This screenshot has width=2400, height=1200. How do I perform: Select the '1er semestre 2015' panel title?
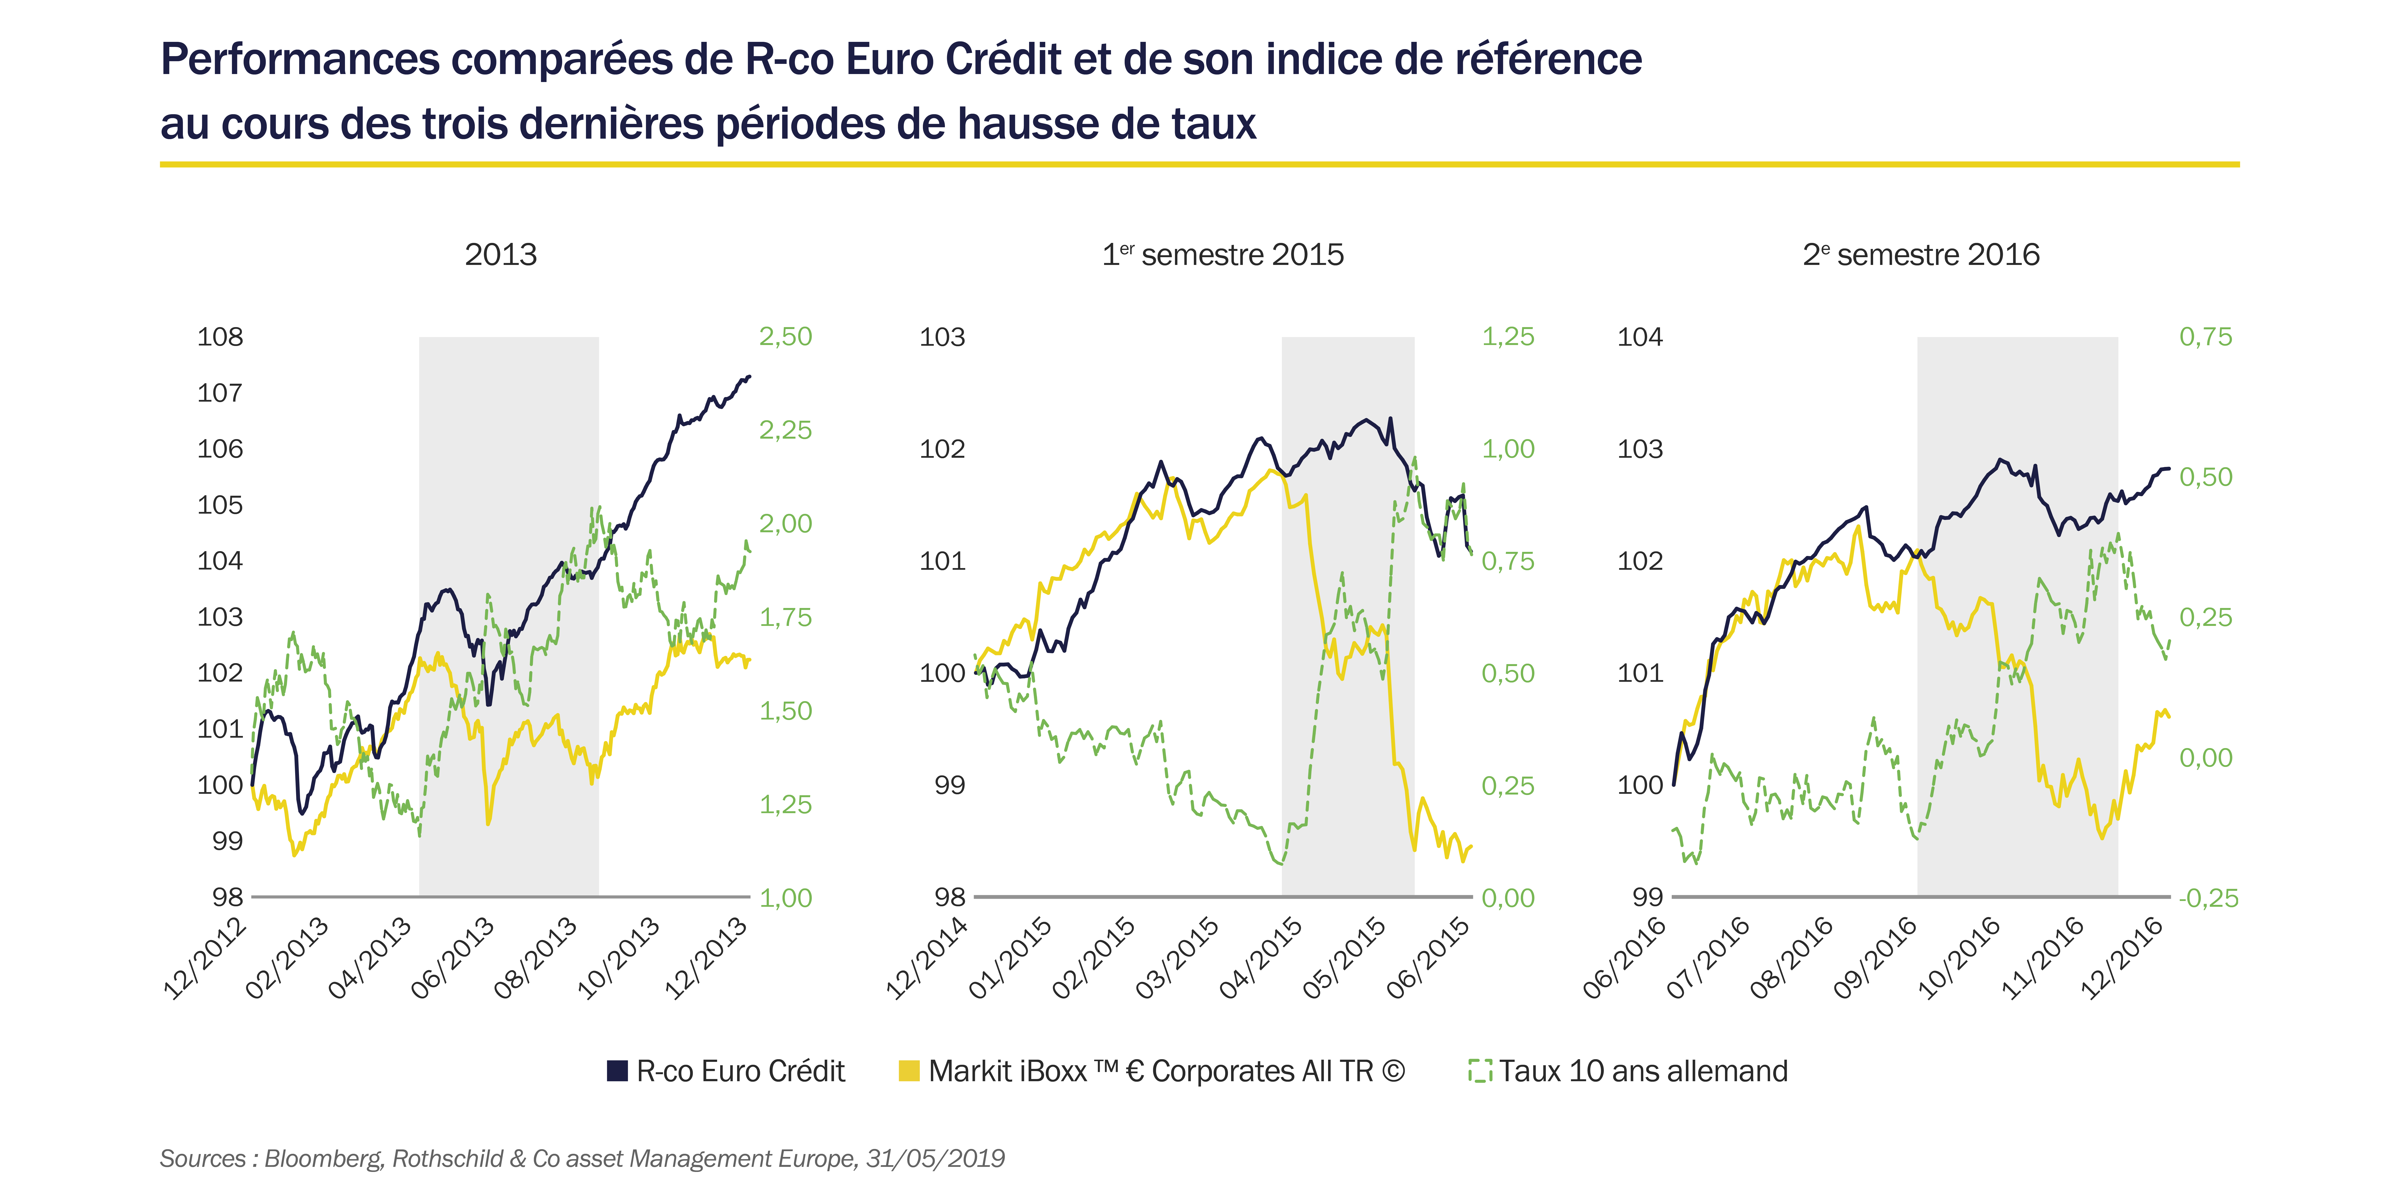point(1222,254)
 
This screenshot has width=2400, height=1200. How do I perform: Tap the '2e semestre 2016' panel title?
point(1921,254)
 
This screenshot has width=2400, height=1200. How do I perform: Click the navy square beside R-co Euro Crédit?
point(617,1072)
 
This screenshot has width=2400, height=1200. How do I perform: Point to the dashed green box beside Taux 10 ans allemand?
point(1480,1072)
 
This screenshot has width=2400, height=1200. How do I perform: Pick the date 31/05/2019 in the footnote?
point(935,1159)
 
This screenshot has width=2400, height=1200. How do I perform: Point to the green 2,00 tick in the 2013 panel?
point(785,524)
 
